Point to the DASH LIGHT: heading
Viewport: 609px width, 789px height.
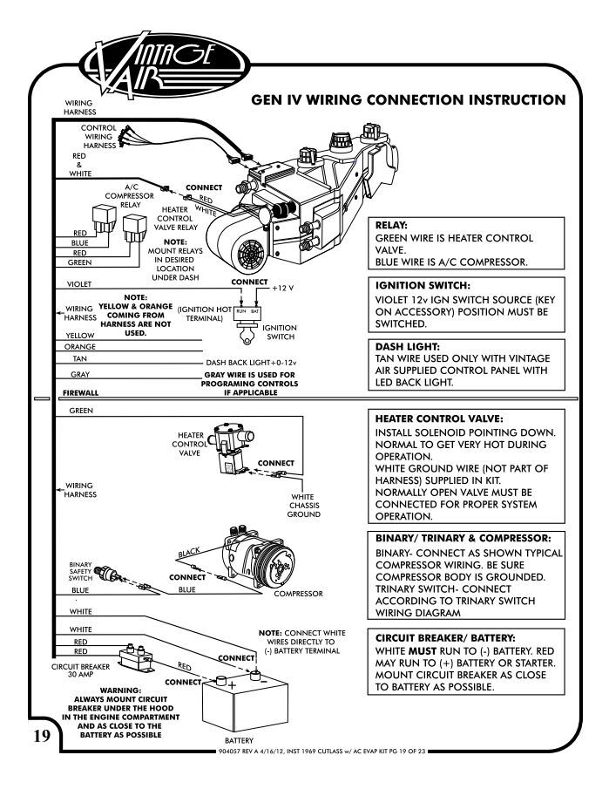coord(407,345)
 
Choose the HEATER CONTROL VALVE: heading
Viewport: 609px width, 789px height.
coord(442,419)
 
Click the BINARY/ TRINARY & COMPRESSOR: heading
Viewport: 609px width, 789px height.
coord(466,538)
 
